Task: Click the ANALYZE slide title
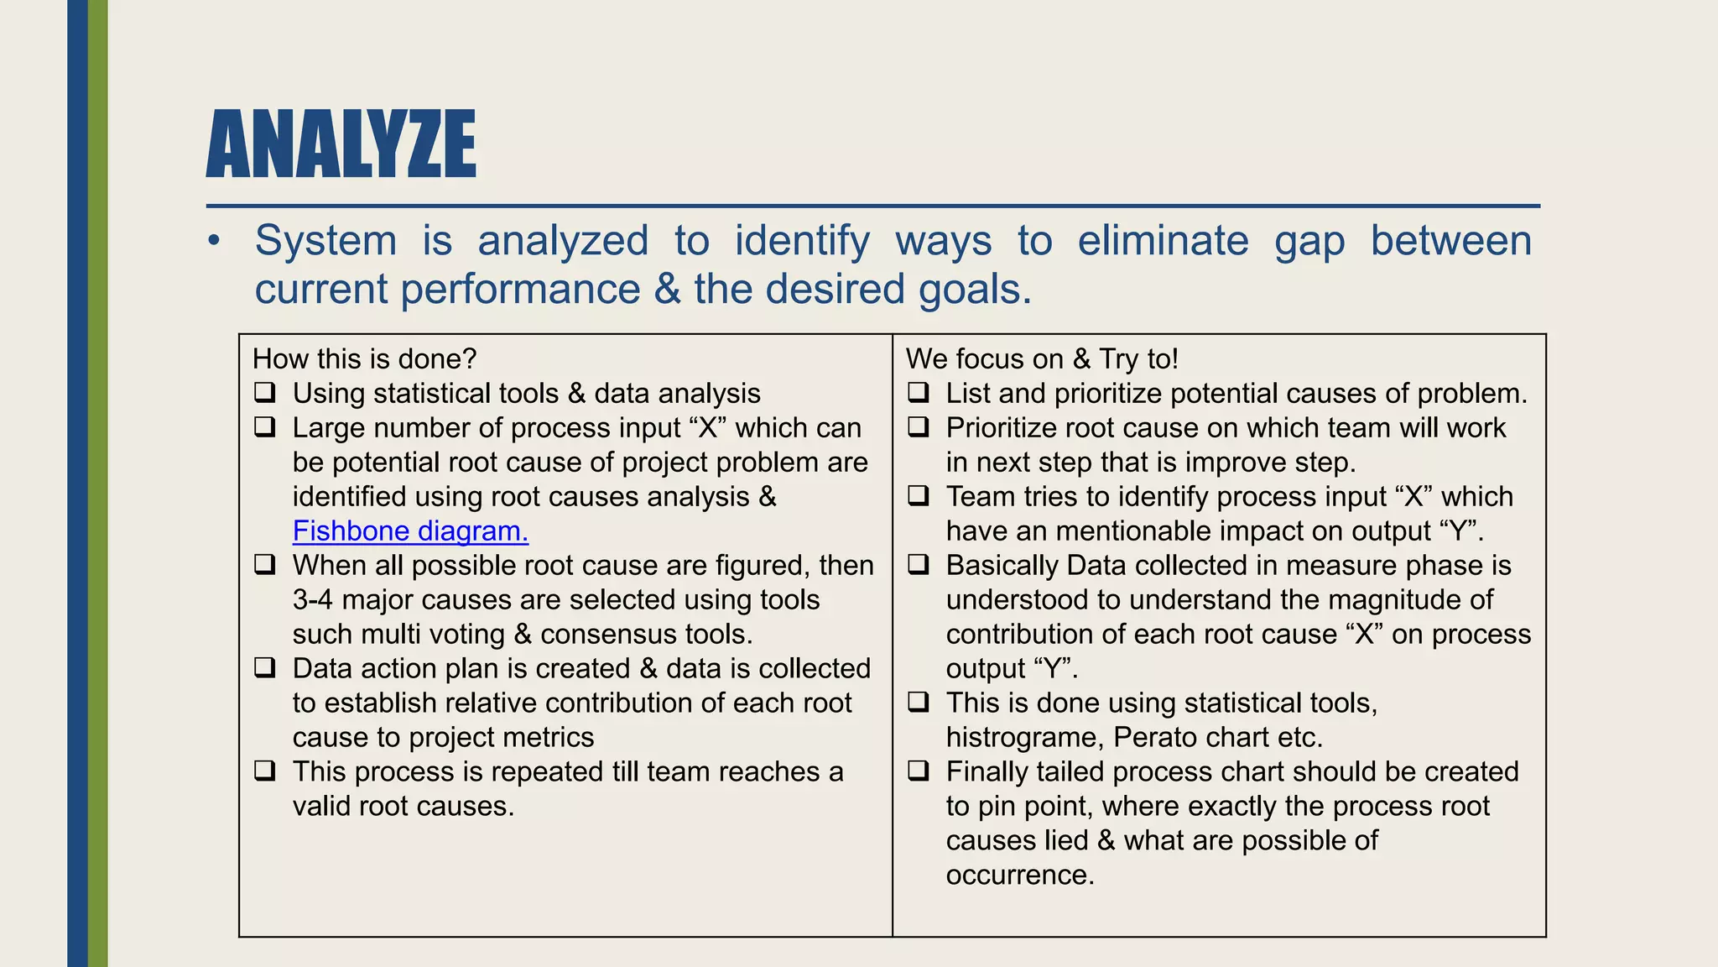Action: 341,144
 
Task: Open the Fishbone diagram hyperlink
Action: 410,531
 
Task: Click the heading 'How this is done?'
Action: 364,359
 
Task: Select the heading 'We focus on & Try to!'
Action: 1042,359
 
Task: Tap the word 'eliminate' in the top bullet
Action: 1163,241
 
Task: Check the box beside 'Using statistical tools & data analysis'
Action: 265,393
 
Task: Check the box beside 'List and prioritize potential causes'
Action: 919,393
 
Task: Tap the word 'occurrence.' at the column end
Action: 1020,876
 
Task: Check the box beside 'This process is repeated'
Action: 265,771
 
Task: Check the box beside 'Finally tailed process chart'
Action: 919,771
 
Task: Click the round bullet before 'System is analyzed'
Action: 215,242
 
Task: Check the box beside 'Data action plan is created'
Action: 265,668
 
